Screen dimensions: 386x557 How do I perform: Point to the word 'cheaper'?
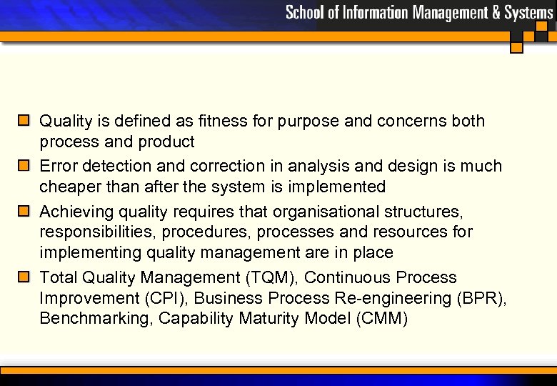pos(71,187)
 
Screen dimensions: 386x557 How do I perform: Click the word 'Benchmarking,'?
pos(97,319)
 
